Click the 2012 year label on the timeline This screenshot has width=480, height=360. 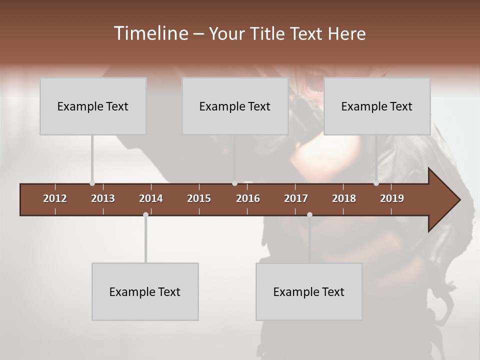tap(55, 198)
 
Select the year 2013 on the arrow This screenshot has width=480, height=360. tap(103, 198)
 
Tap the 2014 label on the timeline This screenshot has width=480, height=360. tap(151, 198)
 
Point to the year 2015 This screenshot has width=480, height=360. tap(199, 198)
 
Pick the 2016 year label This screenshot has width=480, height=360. tap(248, 198)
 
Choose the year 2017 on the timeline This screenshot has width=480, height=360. tap(296, 198)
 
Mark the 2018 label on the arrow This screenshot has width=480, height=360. tap(344, 198)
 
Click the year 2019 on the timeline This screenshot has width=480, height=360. tap(392, 198)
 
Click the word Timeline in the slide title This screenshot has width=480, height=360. tap(150, 33)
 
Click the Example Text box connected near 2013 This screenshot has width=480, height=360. tap(93, 106)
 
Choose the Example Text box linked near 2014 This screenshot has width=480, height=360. tap(145, 291)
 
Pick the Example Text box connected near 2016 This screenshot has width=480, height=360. tap(235, 106)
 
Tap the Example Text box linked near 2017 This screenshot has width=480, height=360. tap(309, 291)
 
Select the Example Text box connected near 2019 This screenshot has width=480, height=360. tap(377, 106)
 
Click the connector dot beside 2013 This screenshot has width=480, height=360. tap(92, 183)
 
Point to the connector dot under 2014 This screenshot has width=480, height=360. tap(145, 214)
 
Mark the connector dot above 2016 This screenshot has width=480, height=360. tap(234, 183)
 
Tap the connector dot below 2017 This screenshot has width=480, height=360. tap(309, 214)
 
